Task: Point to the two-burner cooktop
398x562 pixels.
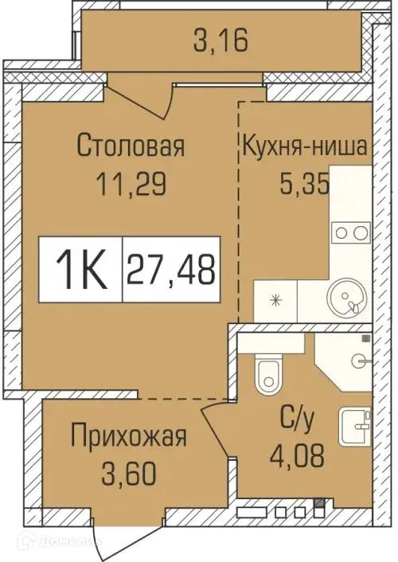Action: [350, 232]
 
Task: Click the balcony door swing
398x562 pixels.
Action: [143, 96]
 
